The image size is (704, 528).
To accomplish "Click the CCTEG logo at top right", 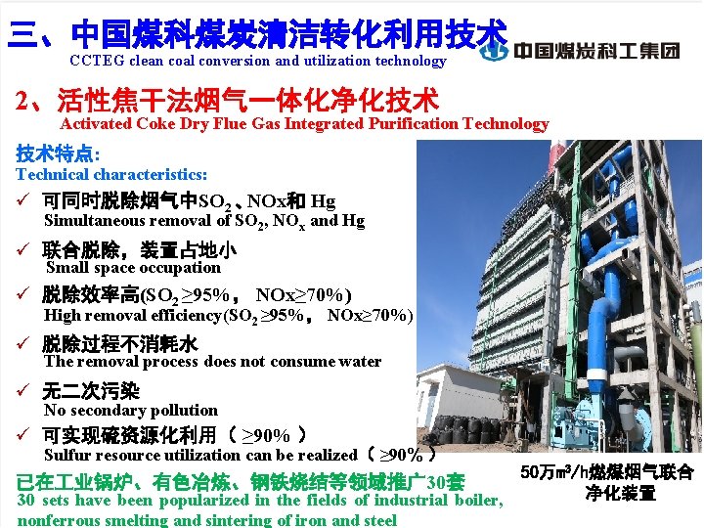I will pyautogui.click(x=597, y=50).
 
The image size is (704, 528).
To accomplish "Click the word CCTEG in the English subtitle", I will pyautogui.click(x=95, y=61).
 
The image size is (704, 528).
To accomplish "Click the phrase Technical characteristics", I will pyautogui.click(x=110, y=174).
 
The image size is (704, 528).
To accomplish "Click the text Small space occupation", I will pyautogui.click(x=133, y=267).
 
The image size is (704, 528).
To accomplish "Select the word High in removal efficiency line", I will pyautogui.click(x=63, y=315).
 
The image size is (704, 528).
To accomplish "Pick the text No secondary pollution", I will pyautogui.click(x=130, y=410).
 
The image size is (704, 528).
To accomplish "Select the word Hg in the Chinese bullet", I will pyautogui.click(x=323, y=202).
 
